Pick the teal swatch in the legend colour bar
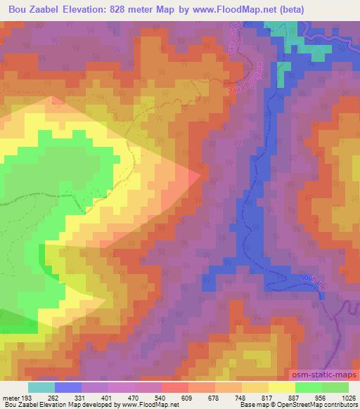click(41, 387)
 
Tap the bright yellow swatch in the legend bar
click(282, 387)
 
